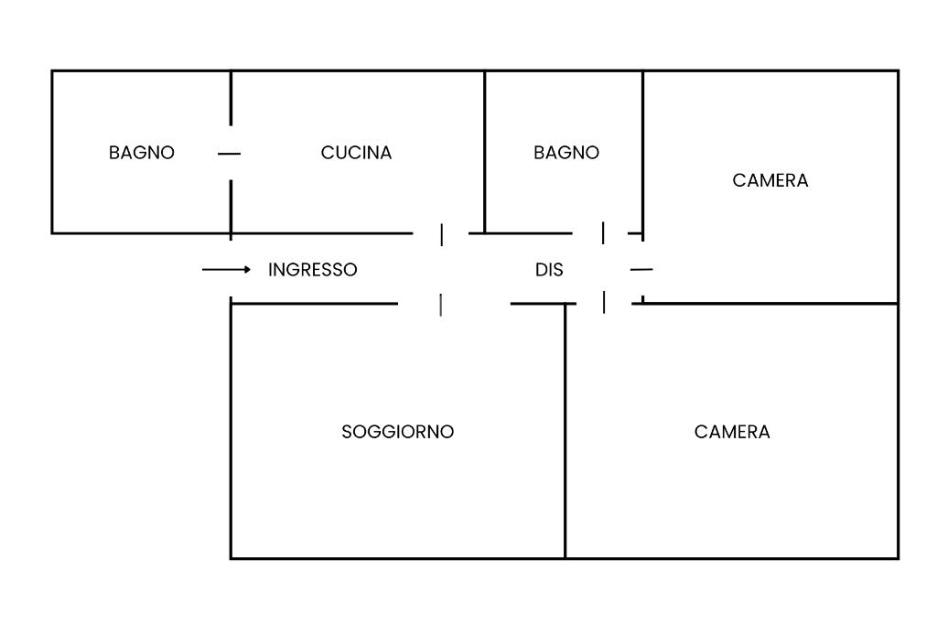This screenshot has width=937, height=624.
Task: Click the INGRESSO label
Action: click(313, 270)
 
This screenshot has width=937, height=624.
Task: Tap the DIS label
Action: click(549, 270)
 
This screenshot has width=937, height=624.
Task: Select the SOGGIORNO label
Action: click(397, 432)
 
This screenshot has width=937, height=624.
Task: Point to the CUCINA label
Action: click(356, 153)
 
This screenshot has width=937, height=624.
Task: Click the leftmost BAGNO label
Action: click(142, 153)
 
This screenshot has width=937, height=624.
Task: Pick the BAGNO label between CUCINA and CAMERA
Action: click(566, 153)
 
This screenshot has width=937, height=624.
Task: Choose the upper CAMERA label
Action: click(770, 180)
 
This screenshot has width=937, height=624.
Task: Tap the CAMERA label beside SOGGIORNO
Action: click(732, 432)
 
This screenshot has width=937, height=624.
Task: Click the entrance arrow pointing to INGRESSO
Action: click(227, 270)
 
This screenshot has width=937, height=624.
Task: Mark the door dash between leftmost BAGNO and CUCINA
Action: click(229, 154)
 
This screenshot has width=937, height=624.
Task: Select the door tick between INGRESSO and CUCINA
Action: click(442, 235)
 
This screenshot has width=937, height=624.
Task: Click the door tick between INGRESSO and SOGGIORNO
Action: click(441, 305)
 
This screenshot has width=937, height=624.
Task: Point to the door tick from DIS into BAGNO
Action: click(603, 232)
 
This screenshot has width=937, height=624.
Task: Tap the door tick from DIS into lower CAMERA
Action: click(604, 302)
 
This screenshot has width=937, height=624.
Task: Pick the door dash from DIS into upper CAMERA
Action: click(641, 270)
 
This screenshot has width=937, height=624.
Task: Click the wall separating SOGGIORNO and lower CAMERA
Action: click(565, 431)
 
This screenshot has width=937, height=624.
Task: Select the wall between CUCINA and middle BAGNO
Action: click(485, 152)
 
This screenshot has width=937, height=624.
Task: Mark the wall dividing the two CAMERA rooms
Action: click(770, 304)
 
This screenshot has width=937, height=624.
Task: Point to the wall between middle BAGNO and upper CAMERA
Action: click(643, 156)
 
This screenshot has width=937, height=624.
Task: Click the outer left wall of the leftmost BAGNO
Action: click(52, 152)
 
